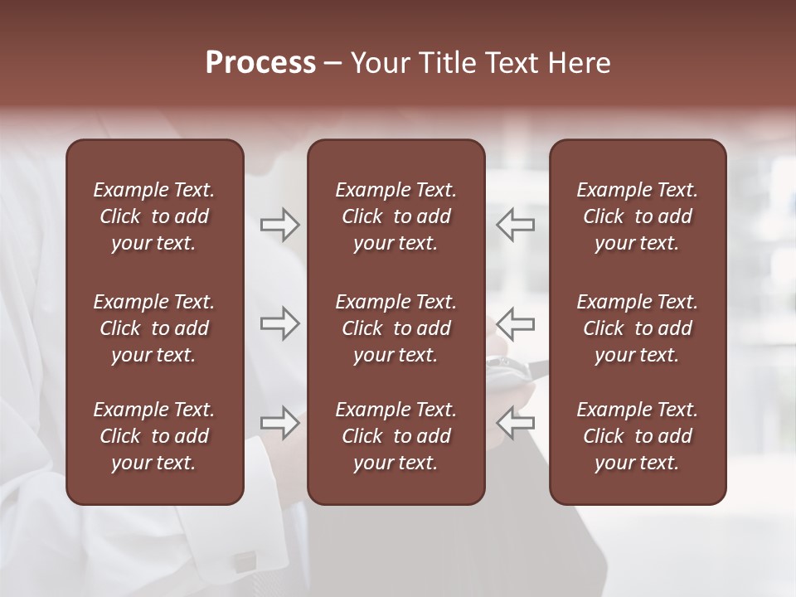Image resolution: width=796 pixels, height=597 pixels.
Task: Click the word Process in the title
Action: [x=260, y=63]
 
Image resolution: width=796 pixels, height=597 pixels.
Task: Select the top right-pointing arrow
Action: [x=279, y=224]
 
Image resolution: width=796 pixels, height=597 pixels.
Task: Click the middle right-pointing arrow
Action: [x=279, y=323]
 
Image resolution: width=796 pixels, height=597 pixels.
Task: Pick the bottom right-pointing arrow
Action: [x=279, y=422]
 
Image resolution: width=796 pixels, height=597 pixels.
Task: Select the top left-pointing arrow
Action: [x=515, y=224]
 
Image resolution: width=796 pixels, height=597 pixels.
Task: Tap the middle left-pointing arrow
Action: [x=515, y=323]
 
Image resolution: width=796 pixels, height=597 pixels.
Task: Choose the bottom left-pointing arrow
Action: [x=515, y=422]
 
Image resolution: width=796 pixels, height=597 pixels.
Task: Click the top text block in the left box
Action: [x=154, y=216]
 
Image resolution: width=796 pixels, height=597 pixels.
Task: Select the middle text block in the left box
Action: [x=154, y=328]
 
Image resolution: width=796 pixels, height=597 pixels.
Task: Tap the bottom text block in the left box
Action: [x=154, y=436]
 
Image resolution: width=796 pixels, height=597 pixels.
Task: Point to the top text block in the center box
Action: [x=396, y=216]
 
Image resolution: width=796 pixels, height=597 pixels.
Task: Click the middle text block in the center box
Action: [x=396, y=328]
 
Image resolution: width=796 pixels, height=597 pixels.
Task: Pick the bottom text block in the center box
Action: [x=396, y=436]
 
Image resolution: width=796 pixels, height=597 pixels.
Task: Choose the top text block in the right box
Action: [x=638, y=216]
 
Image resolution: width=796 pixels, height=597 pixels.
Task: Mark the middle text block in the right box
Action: [x=638, y=328]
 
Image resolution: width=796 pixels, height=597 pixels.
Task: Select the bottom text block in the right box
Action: [x=638, y=436]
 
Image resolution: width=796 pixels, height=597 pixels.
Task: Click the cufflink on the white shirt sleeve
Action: [x=244, y=561]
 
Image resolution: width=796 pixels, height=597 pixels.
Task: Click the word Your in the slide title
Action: [x=379, y=63]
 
